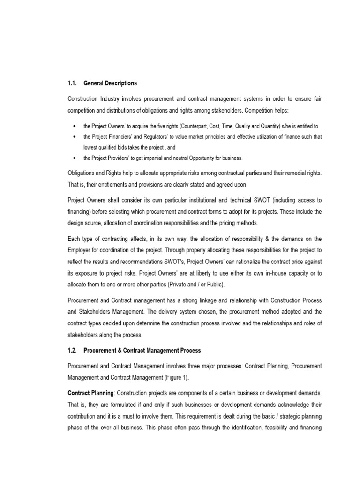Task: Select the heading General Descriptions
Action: (x=110, y=83)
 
